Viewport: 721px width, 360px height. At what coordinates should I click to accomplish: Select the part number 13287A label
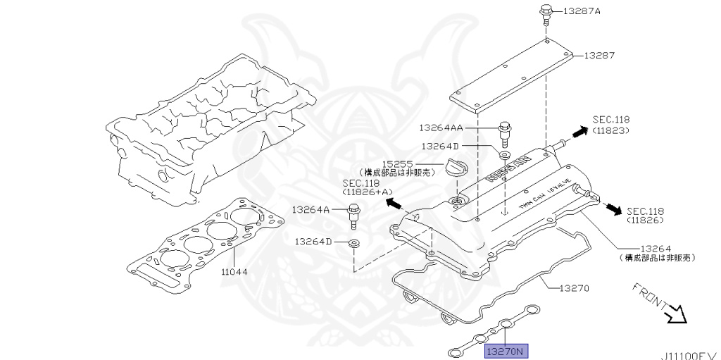click(x=583, y=12)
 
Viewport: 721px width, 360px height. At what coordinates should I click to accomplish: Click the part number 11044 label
click(x=235, y=271)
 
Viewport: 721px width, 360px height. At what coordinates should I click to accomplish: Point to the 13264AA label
click(x=460, y=128)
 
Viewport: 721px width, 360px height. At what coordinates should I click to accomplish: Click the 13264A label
click(x=311, y=209)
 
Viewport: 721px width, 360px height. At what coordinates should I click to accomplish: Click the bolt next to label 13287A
click(x=546, y=13)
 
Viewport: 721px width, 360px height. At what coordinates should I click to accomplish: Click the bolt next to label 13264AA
click(x=504, y=132)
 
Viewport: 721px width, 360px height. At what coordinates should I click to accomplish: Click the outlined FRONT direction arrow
click(x=677, y=312)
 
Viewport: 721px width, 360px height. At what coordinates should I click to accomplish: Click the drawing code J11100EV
click(x=689, y=354)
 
